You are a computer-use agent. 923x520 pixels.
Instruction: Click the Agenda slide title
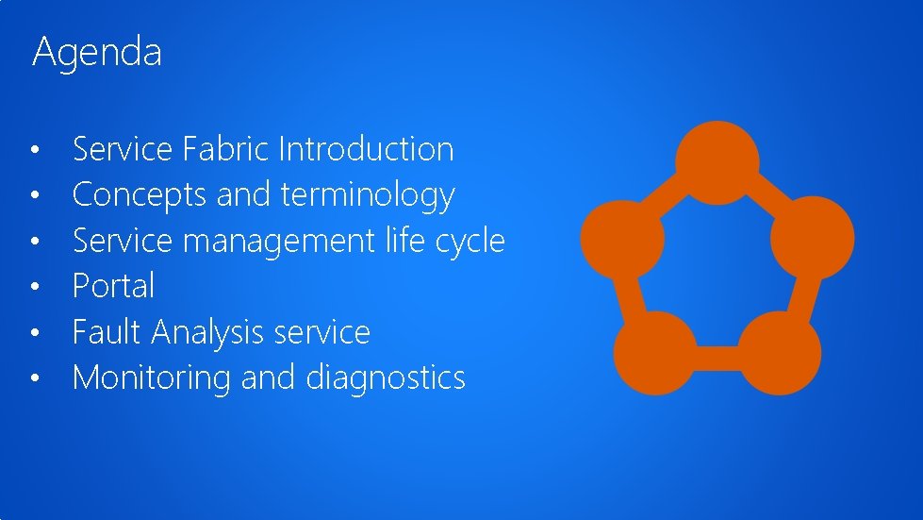point(97,52)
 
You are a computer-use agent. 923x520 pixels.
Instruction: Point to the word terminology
point(368,195)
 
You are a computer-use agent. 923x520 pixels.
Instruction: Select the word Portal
point(113,286)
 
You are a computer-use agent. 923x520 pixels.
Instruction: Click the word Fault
point(107,332)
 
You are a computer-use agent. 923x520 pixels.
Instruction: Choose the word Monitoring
point(152,377)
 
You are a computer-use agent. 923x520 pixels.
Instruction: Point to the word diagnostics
point(386,377)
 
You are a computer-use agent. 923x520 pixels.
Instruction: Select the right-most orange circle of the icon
point(812,237)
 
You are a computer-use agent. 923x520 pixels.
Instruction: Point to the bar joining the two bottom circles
point(717,357)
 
